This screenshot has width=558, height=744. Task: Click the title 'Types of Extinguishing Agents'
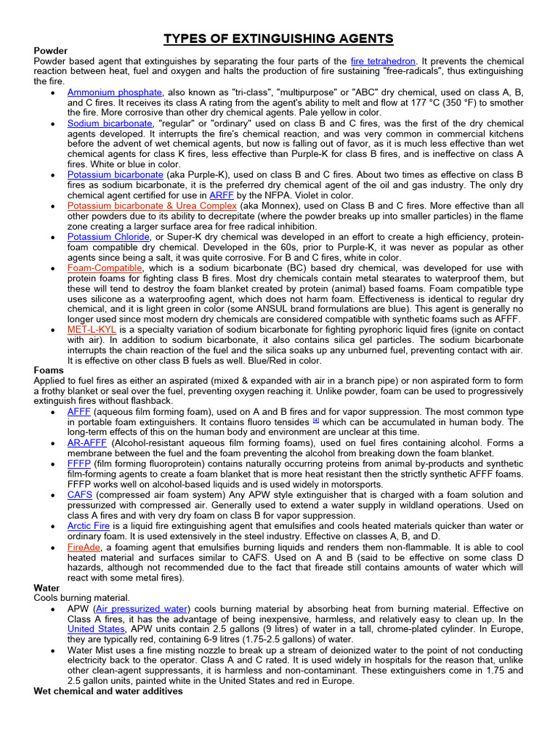click(x=278, y=39)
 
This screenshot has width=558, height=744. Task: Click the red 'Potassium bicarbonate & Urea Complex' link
click(x=152, y=206)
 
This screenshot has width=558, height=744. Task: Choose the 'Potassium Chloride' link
click(x=109, y=237)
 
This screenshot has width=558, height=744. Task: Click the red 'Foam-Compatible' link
click(x=104, y=268)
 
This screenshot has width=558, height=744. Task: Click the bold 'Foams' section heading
click(x=49, y=370)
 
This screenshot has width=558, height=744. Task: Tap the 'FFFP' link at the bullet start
click(x=78, y=463)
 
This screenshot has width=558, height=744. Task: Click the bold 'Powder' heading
click(x=51, y=51)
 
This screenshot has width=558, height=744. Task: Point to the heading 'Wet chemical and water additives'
click(x=108, y=691)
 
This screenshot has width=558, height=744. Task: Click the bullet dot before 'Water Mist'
click(x=56, y=650)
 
